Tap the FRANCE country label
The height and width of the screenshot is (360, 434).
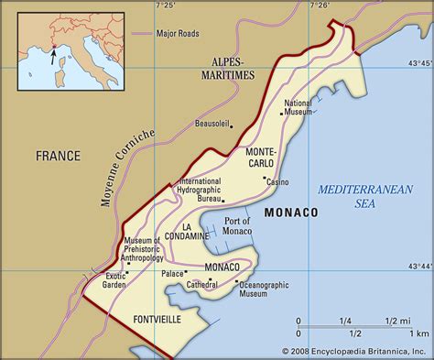point(59,156)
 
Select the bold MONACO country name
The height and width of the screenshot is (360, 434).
point(291,213)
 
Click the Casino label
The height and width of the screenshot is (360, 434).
point(277,182)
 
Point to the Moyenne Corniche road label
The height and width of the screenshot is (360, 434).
point(128,169)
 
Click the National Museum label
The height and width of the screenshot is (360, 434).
point(298,108)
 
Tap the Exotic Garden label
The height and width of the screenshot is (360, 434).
point(114,280)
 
